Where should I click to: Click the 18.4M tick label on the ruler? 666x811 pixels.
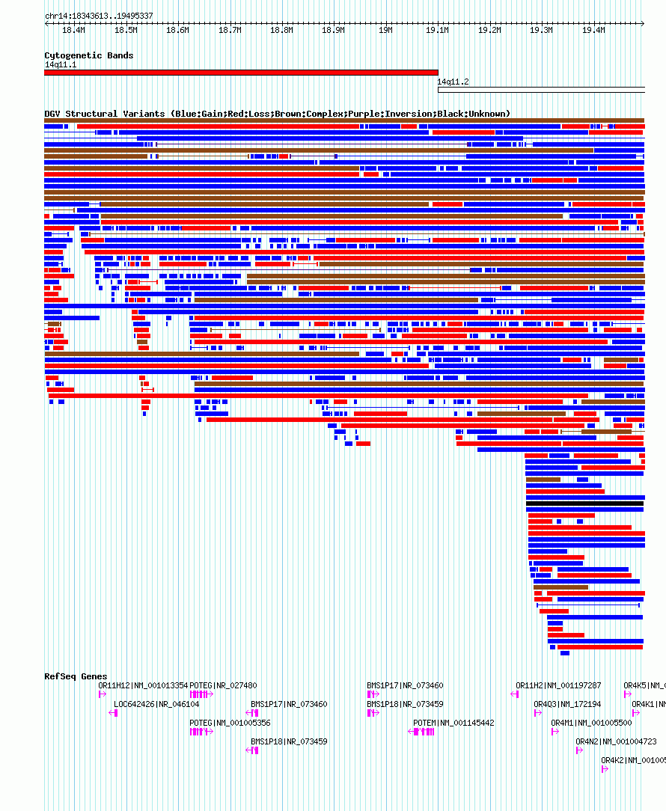[73, 31]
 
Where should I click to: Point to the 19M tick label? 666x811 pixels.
[385, 31]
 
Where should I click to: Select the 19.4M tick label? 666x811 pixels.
[593, 31]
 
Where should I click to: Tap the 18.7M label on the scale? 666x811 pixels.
[230, 31]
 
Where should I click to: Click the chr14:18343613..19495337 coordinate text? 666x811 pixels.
[99, 16]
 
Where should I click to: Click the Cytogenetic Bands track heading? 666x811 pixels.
[88, 55]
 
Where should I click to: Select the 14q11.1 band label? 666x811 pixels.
[61, 64]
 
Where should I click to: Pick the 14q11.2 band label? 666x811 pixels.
[453, 82]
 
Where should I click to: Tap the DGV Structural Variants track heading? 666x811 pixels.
[277, 114]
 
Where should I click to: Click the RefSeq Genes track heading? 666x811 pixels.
[76, 676]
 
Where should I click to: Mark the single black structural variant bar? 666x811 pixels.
[584, 504]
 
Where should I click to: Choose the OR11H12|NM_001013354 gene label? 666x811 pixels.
[143, 685]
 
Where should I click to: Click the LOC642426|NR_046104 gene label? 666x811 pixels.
[156, 704]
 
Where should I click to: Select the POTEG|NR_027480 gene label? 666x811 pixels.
[223, 685]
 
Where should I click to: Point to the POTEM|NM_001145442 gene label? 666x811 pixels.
[453, 723]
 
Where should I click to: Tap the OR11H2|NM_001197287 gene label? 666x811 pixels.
[558, 685]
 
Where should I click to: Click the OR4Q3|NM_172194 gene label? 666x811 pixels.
[567, 704]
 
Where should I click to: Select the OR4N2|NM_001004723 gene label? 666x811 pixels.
[616, 741]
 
